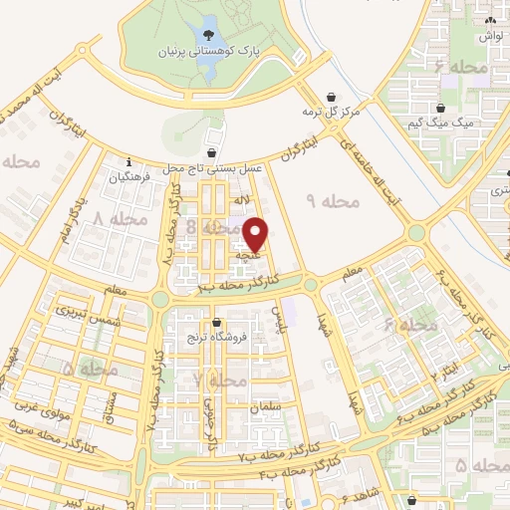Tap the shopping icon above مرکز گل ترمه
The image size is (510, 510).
(x=331, y=97)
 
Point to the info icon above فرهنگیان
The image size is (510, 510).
(x=129, y=162)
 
